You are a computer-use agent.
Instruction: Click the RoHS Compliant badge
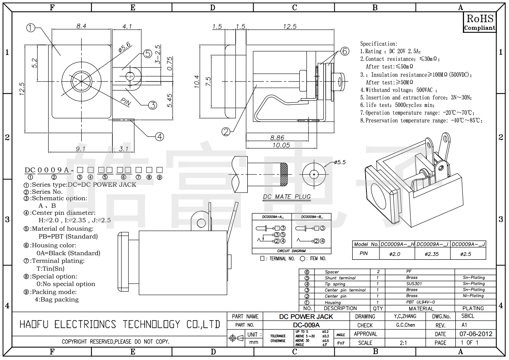click(480, 22)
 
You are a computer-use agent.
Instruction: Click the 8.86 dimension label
click(277, 138)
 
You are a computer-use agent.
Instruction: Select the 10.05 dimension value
click(281, 145)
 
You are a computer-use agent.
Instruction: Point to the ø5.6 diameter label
click(125, 46)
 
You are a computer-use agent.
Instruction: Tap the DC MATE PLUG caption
click(287, 196)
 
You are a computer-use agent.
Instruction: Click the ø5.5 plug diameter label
click(340, 162)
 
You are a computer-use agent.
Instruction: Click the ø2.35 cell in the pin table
click(431, 254)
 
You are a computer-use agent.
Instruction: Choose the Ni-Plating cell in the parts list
click(473, 296)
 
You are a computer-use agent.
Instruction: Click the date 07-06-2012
click(476, 334)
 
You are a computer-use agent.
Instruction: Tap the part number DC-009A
click(306, 325)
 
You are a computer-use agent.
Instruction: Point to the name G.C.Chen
click(405, 325)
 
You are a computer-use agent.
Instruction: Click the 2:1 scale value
click(403, 343)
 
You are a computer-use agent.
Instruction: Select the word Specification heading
click(379, 44)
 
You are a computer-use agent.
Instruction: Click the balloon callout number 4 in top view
click(159, 136)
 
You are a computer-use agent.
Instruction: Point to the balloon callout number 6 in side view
click(344, 51)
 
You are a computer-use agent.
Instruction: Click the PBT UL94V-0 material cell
click(421, 302)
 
